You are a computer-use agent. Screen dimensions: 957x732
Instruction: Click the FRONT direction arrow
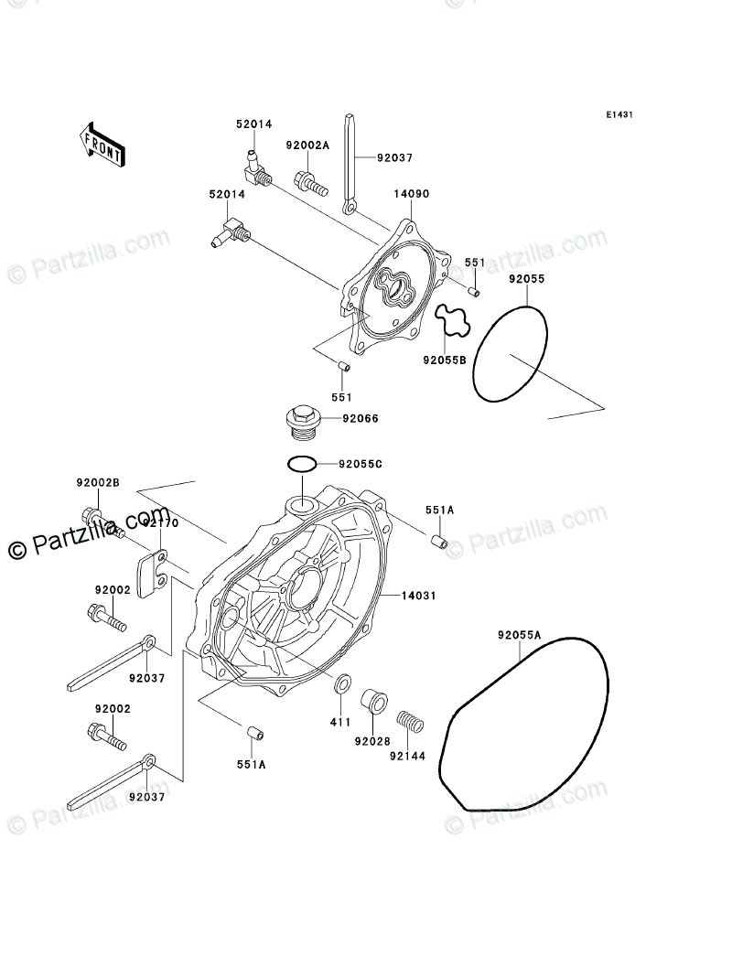click(102, 145)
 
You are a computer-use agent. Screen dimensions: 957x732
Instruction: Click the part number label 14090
click(412, 195)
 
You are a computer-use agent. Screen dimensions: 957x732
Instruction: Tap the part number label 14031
click(417, 596)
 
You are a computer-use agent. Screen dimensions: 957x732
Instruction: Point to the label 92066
click(361, 419)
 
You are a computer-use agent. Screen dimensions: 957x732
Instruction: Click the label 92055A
click(520, 635)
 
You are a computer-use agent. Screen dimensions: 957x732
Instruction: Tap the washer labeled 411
click(342, 683)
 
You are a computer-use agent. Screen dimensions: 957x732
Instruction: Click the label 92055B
click(445, 360)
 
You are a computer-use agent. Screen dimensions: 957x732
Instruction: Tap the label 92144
click(406, 757)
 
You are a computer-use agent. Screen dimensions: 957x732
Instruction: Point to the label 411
click(341, 723)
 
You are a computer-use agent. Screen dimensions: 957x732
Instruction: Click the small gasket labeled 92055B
click(452, 320)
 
